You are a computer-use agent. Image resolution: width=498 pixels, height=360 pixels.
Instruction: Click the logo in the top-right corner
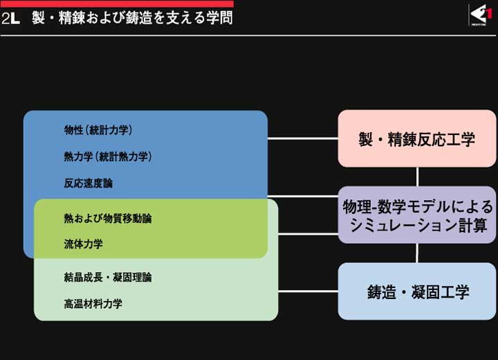[480, 15]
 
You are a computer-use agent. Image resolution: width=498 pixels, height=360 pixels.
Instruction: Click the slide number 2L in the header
[10, 18]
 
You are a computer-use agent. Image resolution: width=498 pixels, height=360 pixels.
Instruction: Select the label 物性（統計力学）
[98, 129]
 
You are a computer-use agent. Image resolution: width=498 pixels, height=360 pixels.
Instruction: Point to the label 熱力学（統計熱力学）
[108, 156]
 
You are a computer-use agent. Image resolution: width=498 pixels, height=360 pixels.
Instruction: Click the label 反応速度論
[89, 183]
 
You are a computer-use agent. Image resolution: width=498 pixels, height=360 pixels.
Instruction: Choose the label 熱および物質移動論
[108, 219]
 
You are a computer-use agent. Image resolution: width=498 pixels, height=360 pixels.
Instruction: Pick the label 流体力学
[83, 244]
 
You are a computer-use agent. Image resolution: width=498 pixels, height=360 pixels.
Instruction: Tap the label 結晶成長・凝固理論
[108, 278]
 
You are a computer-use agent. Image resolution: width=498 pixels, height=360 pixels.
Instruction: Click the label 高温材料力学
[93, 304]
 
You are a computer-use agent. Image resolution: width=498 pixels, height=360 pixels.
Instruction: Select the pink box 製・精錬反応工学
[416, 138]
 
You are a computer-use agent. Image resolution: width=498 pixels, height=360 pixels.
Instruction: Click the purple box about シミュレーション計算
[416, 215]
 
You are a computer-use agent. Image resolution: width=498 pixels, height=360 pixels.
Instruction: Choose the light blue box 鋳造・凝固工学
[416, 291]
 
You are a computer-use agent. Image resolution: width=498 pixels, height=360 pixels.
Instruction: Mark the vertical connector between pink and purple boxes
[417, 177]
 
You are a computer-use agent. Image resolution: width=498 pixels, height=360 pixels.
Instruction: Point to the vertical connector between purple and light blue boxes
[417, 253]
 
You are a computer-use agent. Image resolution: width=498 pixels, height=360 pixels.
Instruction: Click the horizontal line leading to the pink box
[303, 138]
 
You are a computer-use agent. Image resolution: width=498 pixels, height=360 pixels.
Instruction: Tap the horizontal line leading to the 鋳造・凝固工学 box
[308, 291]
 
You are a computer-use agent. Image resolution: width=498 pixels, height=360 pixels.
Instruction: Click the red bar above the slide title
[117, 3]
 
